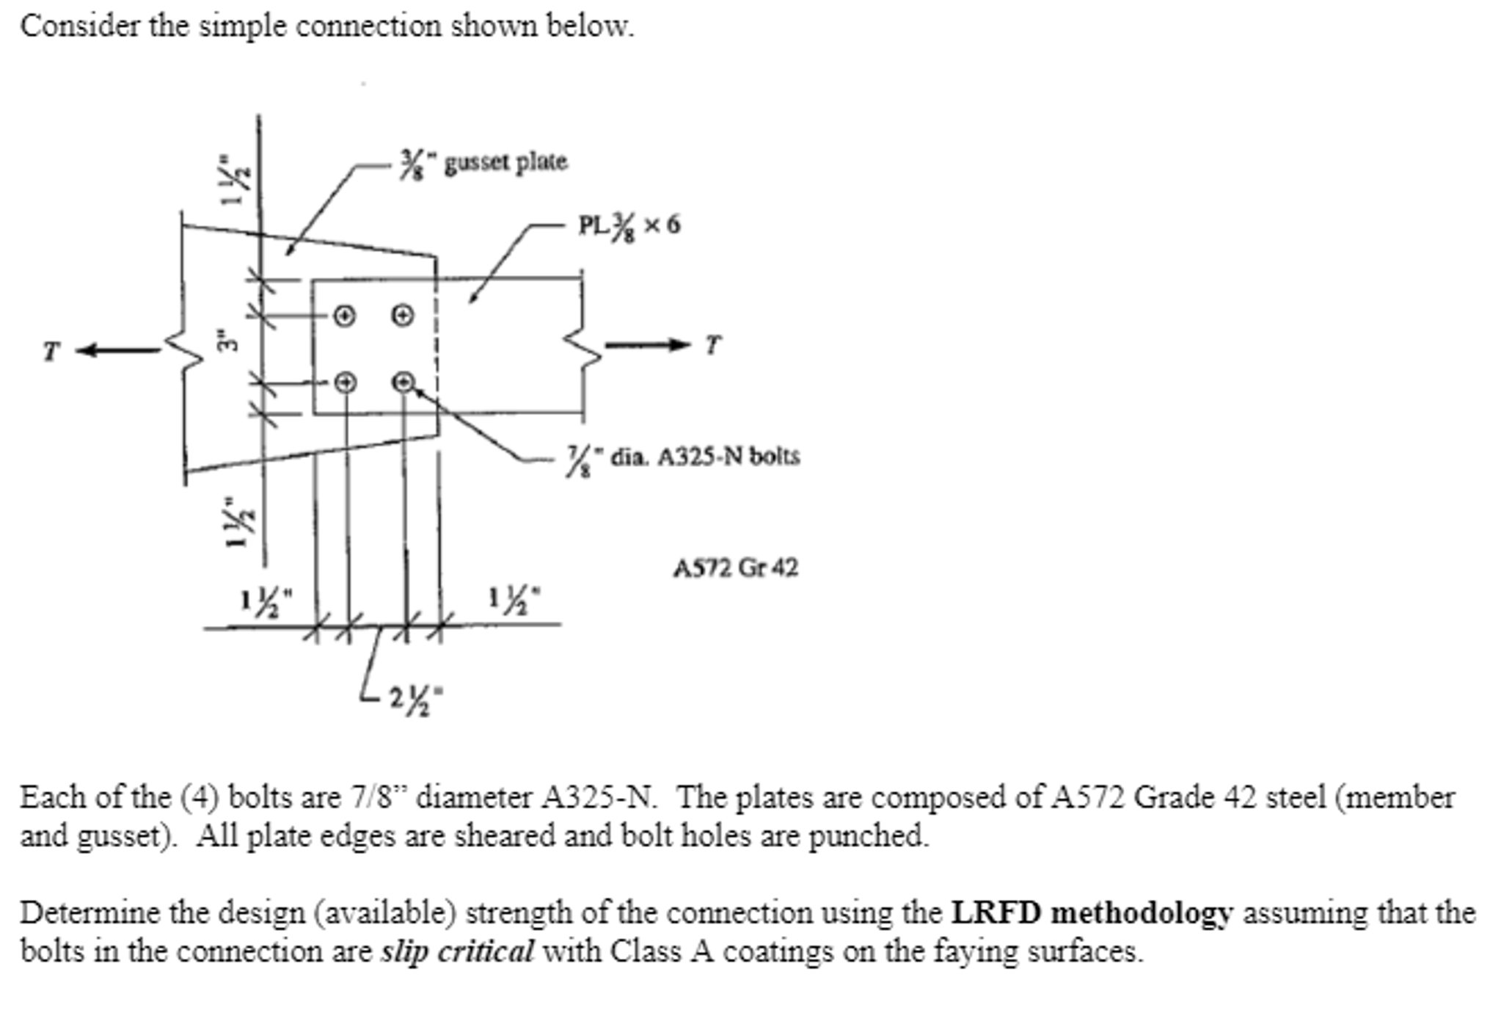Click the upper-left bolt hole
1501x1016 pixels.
click(344, 316)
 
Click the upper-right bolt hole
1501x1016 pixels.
click(402, 316)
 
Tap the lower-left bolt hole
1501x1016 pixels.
click(345, 382)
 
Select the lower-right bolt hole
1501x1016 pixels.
click(403, 382)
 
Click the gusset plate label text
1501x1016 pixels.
click(483, 162)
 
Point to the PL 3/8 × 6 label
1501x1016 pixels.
click(629, 225)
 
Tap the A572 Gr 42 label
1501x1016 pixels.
click(736, 567)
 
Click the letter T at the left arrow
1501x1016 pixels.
click(50, 352)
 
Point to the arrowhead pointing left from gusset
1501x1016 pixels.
click(87, 351)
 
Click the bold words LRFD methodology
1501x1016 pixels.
click(1092, 913)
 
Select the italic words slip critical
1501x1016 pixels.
click(457, 951)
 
